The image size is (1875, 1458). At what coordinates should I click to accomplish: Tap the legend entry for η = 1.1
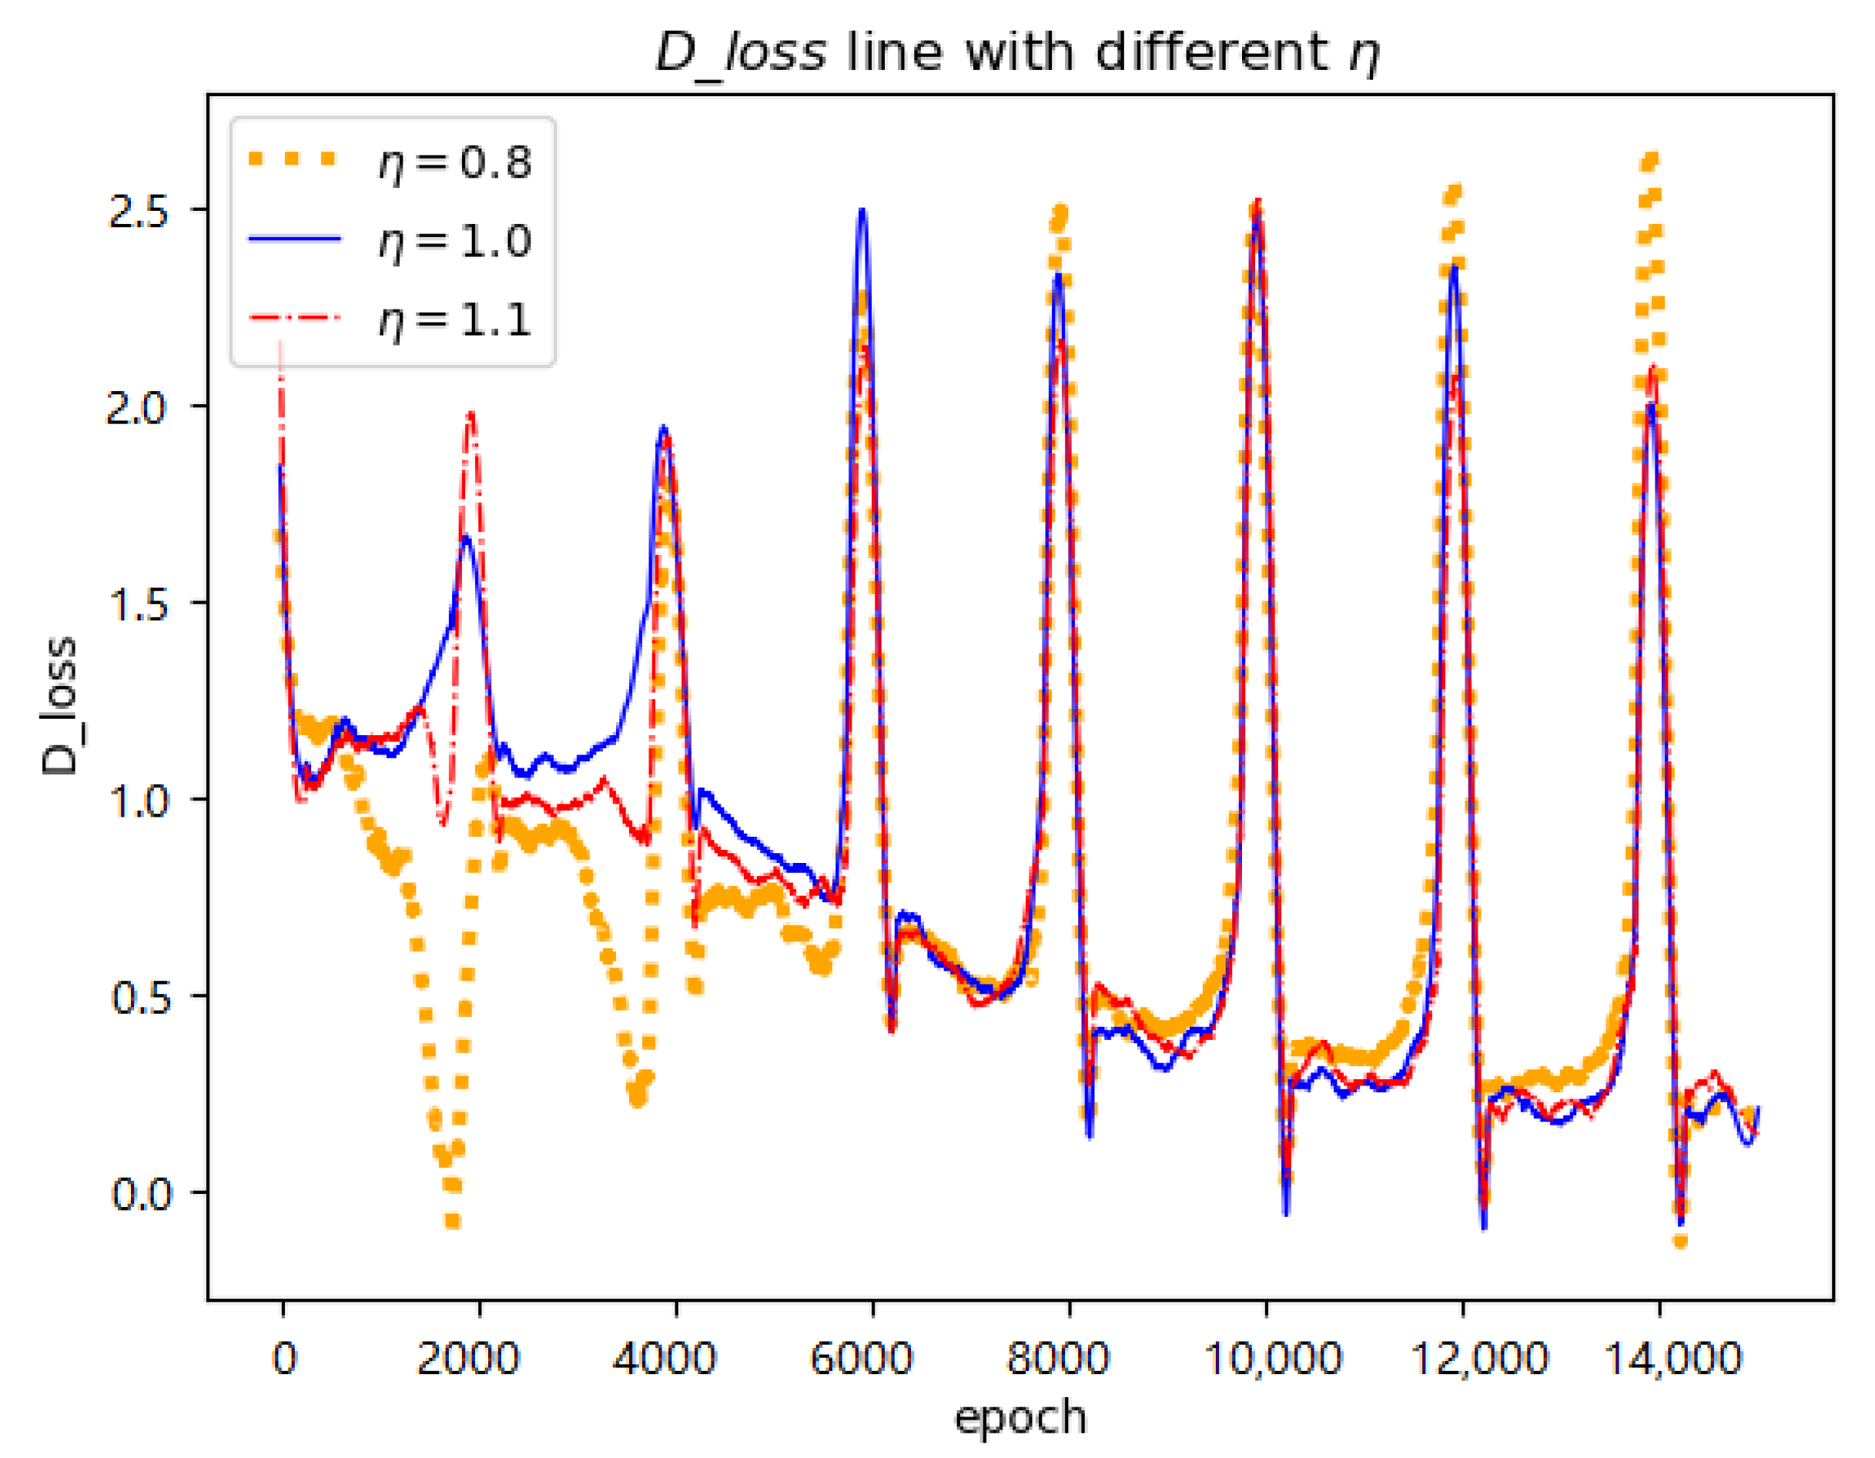point(390,319)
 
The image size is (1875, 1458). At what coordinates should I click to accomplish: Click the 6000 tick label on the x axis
point(861,1358)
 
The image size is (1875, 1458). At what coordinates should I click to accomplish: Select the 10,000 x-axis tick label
point(1273,1358)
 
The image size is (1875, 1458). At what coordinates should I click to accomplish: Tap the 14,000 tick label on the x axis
point(1672,1358)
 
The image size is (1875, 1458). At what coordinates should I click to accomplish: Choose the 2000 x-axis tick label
point(468,1358)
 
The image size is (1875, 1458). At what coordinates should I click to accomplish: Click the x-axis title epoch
point(1021,1416)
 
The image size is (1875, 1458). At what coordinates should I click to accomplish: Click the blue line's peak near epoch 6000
point(862,210)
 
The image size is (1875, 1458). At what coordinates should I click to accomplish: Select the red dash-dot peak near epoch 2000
point(470,414)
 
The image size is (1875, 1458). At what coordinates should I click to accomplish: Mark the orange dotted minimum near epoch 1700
point(453,1220)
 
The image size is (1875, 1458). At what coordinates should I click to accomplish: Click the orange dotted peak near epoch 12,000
point(1452,190)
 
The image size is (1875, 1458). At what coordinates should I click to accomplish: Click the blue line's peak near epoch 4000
point(663,426)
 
